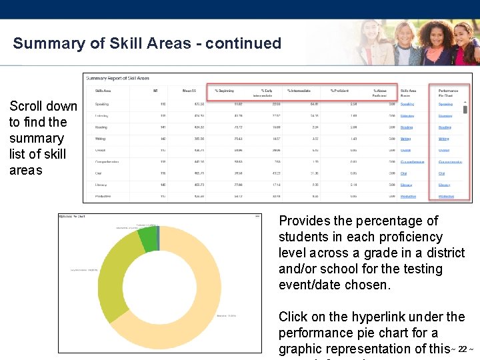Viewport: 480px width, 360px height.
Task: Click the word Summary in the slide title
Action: (x=43, y=44)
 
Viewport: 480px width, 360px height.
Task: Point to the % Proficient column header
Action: (x=341, y=90)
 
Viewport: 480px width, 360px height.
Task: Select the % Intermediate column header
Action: (x=300, y=90)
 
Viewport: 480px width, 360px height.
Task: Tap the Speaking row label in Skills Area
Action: (x=102, y=104)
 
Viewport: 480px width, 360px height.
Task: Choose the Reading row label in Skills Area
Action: (x=101, y=127)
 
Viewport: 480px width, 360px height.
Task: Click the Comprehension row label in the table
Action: (x=107, y=162)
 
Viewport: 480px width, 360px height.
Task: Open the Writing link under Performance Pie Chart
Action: (x=444, y=139)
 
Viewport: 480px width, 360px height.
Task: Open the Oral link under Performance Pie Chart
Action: (x=441, y=173)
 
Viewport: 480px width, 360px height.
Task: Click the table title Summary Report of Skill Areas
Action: (x=117, y=79)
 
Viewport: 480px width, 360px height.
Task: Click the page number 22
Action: (x=462, y=349)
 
